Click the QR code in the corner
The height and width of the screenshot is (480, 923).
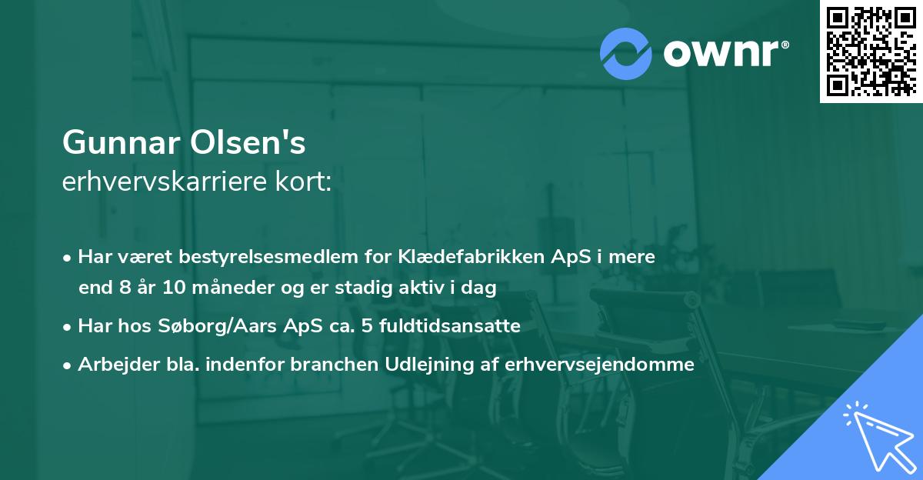click(871, 51)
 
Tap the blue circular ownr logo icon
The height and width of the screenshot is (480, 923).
click(626, 54)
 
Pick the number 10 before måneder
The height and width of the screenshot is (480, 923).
click(174, 288)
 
